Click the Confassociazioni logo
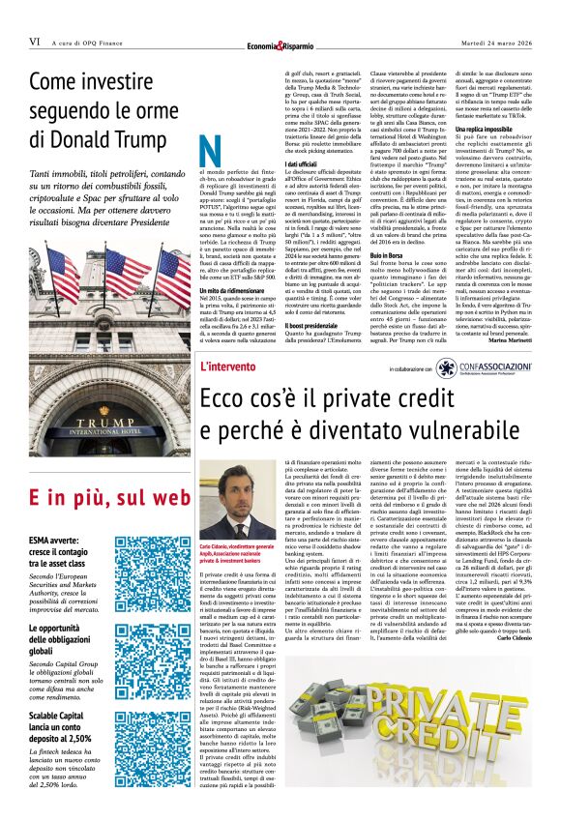(x=493, y=367)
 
